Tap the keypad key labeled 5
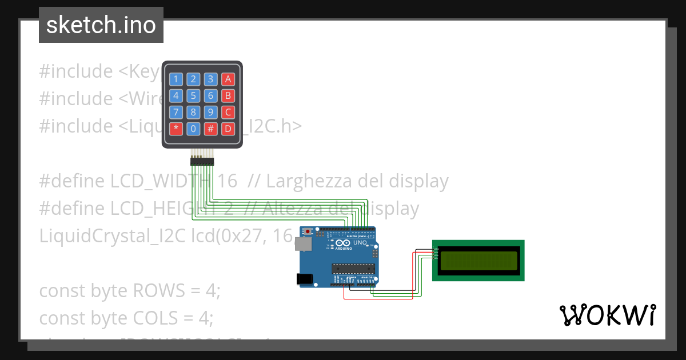tap(194, 96)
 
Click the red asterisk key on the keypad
tap(176, 129)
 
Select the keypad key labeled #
tap(211, 129)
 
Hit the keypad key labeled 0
tap(194, 129)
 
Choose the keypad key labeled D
tap(228, 129)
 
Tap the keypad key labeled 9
tap(211, 112)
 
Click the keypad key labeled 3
tap(211, 79)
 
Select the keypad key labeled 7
tap(176, 112)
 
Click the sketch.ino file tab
tap(101, 25)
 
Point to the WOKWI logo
tap(607, 315)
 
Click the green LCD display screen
tap(478, 261)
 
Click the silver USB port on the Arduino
tap(303, 244)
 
